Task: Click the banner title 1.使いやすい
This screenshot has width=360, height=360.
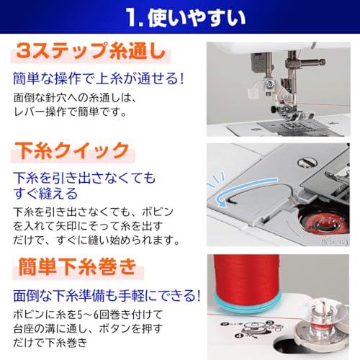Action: coord(186,17)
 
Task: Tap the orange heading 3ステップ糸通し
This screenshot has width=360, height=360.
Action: coord(91,51)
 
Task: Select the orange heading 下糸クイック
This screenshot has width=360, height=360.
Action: coord(72,150)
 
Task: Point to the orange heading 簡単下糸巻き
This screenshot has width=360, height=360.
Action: coord(78,266)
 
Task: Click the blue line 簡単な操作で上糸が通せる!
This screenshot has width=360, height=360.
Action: coord(99,78)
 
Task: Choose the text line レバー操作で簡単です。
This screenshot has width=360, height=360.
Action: coord(70,112)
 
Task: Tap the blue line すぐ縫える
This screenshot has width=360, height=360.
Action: coord(45,194)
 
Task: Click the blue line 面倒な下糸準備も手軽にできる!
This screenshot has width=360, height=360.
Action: coord(107,295)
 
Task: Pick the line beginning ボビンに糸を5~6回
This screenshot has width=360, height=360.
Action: coord(88,315)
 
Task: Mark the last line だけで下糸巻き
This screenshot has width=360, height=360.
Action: coord(50,343)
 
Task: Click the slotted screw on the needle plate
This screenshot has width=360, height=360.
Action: coord(307,163)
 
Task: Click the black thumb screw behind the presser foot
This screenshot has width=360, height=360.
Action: coord(274,109)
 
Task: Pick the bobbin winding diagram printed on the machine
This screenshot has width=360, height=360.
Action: coord(251,329)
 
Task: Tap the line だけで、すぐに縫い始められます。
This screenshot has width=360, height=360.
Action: coord(96,240)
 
